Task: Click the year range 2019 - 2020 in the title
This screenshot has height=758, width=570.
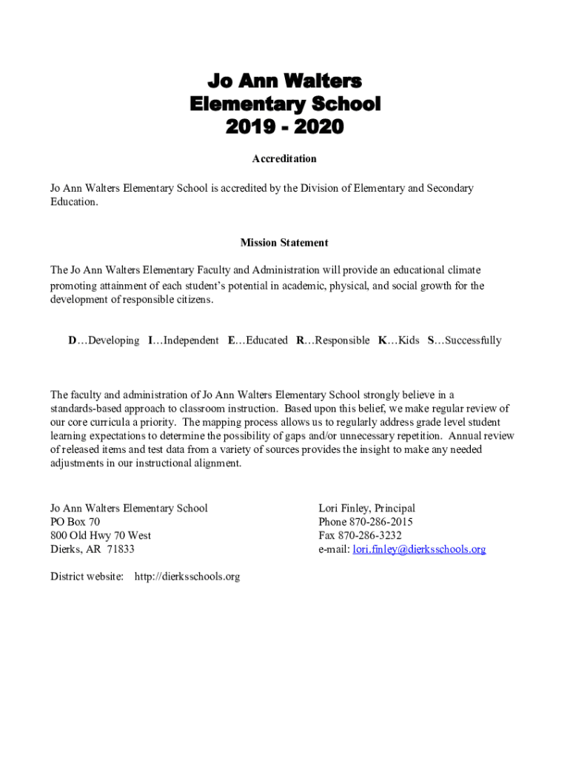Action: click(285, 127)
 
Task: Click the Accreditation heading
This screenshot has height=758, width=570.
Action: click(284, 159)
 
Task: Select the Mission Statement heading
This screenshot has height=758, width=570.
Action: click(284, 243)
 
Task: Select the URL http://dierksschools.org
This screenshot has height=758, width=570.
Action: click(187, 576)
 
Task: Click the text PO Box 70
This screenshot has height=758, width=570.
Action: click(75, 522)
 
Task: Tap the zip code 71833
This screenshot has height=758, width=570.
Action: click(121, 549)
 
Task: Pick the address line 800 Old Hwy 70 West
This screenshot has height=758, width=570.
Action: click(101, 535)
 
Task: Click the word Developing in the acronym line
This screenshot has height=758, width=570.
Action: click(113, 341)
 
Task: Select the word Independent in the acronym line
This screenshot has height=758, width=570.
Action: click(191, 341)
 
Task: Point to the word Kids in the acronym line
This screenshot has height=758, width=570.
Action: click(409, 341)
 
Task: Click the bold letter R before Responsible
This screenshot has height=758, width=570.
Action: click(300, 341)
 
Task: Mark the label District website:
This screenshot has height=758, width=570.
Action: click(87, 576)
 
